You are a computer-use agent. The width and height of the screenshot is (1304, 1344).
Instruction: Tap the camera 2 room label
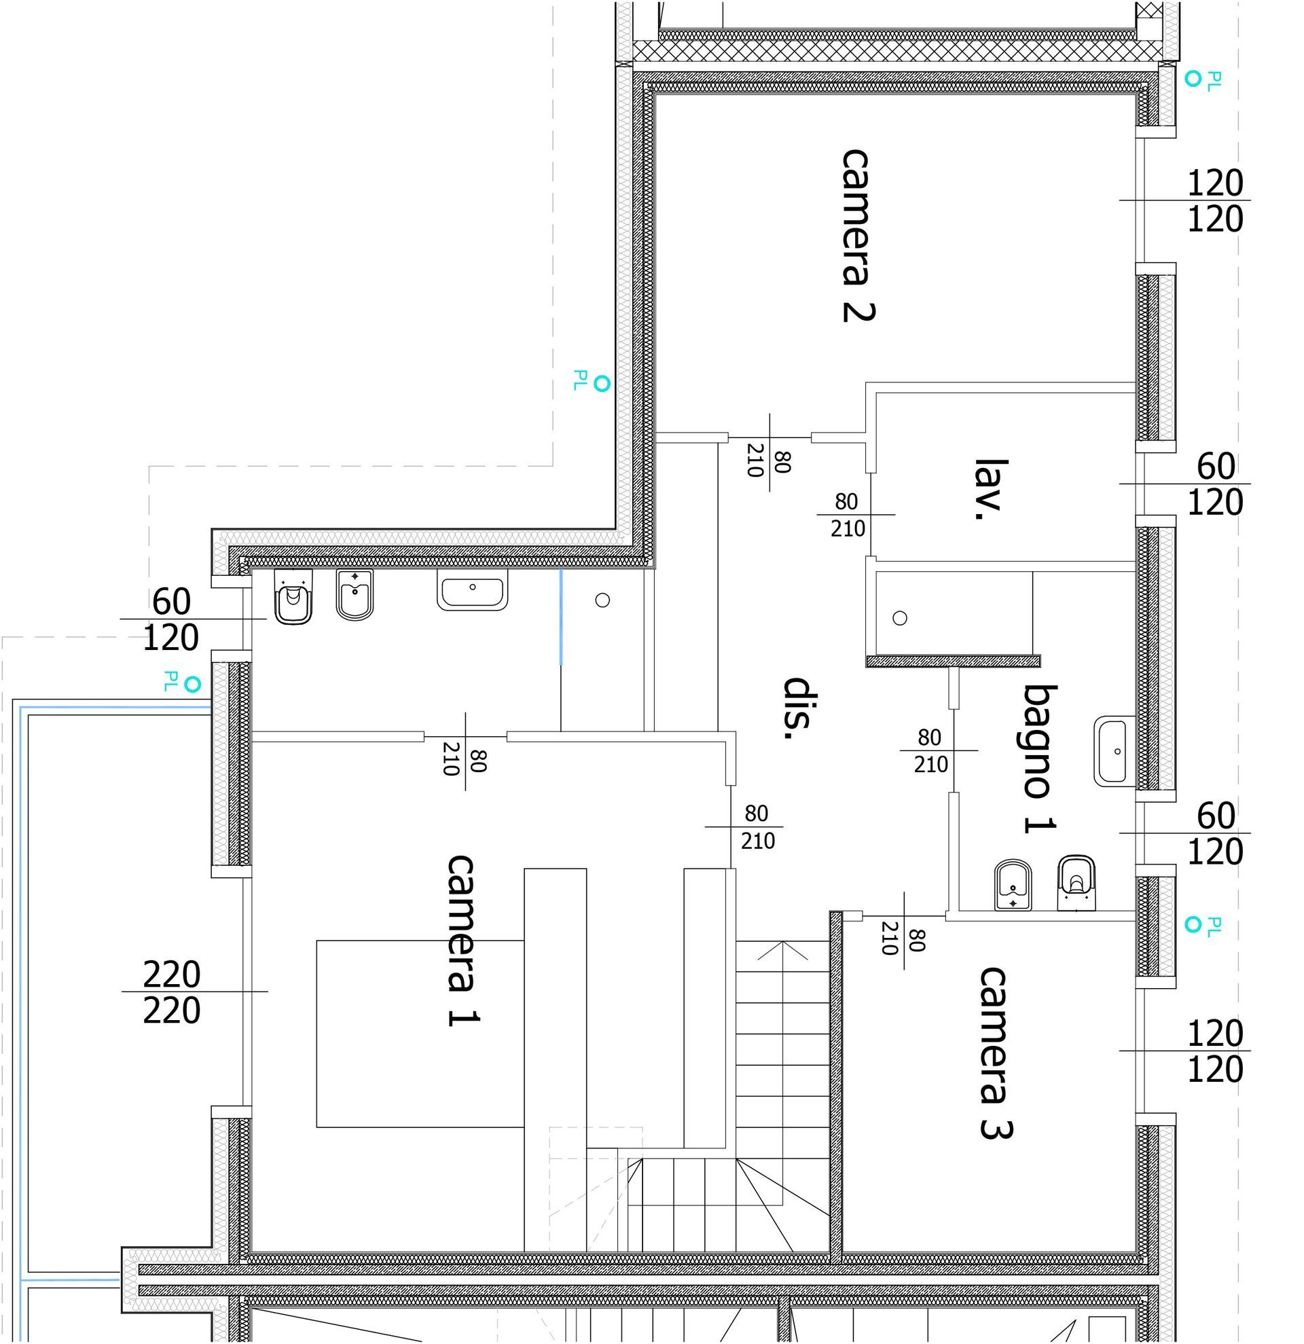coord(858,235)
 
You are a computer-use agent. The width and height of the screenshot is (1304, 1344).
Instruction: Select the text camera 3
coord(996,1053)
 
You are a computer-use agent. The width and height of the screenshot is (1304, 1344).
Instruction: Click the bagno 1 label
coord(1038,759)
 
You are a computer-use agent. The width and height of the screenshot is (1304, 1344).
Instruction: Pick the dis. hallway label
coord(798,708)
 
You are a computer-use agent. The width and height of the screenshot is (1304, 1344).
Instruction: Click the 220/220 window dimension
coord(171,992)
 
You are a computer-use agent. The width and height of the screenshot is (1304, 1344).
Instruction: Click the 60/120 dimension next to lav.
coord(1215,484)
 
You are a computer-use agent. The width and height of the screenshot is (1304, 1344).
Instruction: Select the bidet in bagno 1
coord(1014,886)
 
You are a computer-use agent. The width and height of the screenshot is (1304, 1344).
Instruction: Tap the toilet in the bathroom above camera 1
coord(293,596)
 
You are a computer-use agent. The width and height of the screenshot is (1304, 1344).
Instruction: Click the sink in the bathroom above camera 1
coord(473,589)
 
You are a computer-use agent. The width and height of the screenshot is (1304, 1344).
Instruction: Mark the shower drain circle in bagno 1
coord(900,619)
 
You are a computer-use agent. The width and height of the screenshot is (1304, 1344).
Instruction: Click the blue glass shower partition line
coord(562,617)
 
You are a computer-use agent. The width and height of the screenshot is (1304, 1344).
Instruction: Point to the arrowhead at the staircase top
coord(782,950)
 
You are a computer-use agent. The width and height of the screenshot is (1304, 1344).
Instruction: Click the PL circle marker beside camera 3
coord(1193,925)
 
